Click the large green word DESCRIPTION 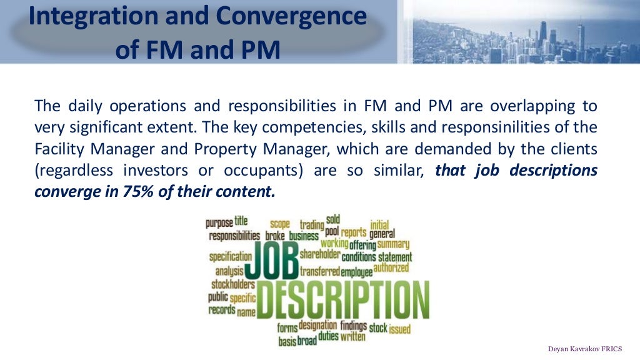point(343,299)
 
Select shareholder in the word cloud point(320,255)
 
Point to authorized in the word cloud point(391,268)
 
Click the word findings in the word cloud point(354,326)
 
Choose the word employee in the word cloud point(356,272)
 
